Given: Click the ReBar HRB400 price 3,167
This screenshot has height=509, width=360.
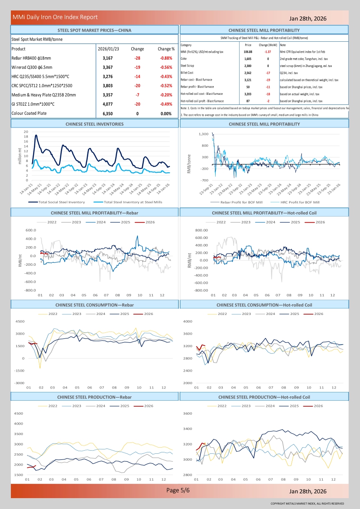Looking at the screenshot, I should click(107, 58).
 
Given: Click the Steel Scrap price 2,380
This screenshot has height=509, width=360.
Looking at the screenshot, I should click(248, 66).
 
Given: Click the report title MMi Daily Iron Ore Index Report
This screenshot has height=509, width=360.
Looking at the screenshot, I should click(55, 17).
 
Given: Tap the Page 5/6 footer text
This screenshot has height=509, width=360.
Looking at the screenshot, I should click(178, 490).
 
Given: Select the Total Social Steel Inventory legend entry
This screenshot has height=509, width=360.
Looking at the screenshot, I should click(61, 202).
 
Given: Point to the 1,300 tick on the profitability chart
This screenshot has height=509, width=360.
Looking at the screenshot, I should click(203, 134).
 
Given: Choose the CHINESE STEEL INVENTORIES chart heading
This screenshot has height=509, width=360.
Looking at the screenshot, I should click(94, 124).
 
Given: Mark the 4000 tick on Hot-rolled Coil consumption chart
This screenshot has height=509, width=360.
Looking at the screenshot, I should click(187, 321).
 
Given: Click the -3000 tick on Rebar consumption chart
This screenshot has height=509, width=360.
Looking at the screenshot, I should click(19, 383).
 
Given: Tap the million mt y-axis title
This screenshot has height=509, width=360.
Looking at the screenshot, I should click(20, 156).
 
